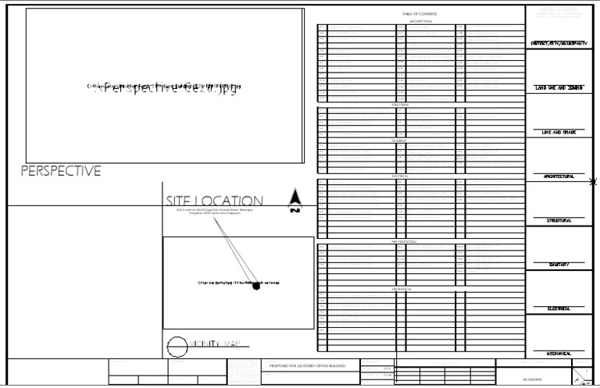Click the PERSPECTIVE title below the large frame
[61, 172]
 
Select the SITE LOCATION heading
[214, 201]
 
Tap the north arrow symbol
[295, 200]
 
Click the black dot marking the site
[255, 287]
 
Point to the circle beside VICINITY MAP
[177, 344]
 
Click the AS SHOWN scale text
[534, 379]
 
